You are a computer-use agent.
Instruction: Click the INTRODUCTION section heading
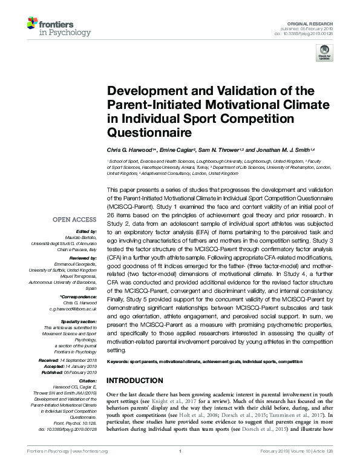(x=136, y=381)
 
